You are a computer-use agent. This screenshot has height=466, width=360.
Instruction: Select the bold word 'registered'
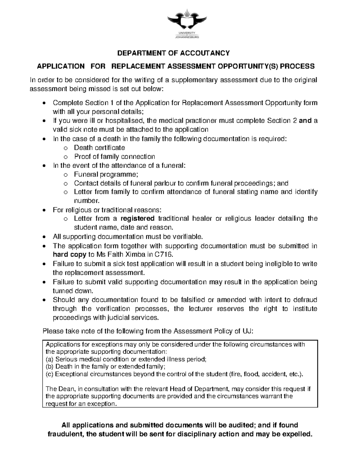click(x=137, y=218)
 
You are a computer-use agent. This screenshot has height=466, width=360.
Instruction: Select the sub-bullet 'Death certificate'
click(x=99, y=148)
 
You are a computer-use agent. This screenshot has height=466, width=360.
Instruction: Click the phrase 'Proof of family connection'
click(x=114, y=157)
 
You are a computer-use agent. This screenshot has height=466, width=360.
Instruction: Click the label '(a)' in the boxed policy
click(x=49, y=359)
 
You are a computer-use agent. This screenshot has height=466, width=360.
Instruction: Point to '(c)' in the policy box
click(x=49, y=374)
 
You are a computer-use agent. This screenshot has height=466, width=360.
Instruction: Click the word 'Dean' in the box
click(x=63, y=389)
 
